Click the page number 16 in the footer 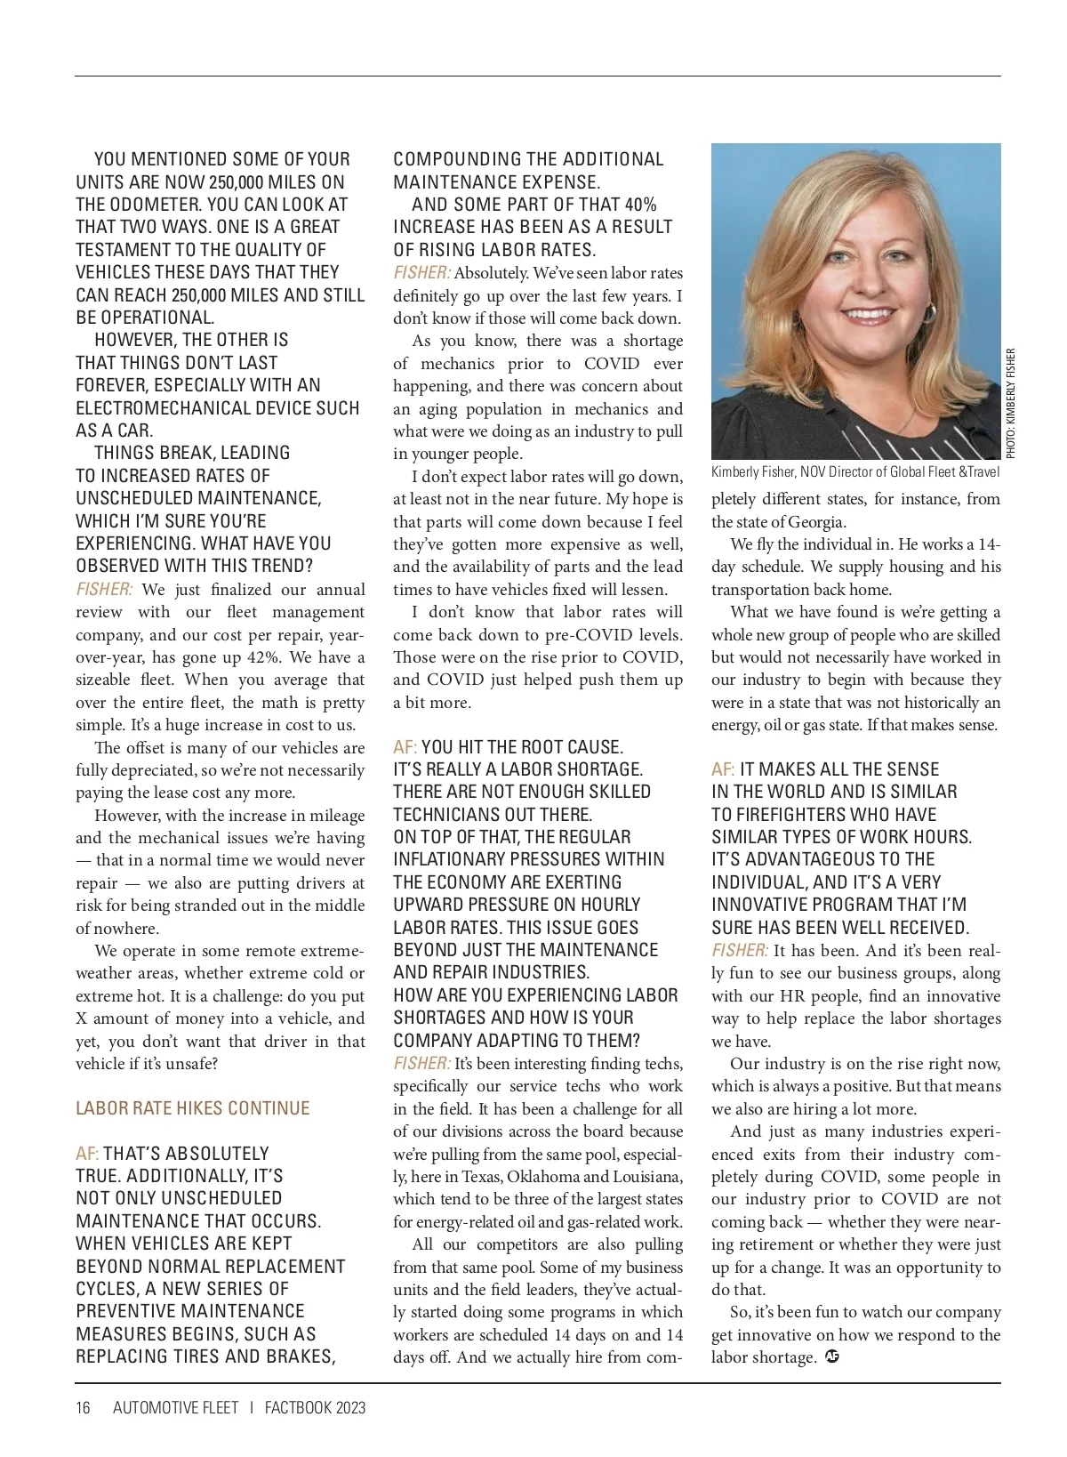tap(83, 1408)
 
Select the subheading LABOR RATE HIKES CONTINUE tap(193, 1108)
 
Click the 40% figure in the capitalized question tap(640, 205)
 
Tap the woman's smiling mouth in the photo tap(869, 315)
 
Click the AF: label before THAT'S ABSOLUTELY tap(87, 1154)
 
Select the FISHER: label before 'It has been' tap(740, 951)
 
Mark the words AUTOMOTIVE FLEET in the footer tap(176, 1408)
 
